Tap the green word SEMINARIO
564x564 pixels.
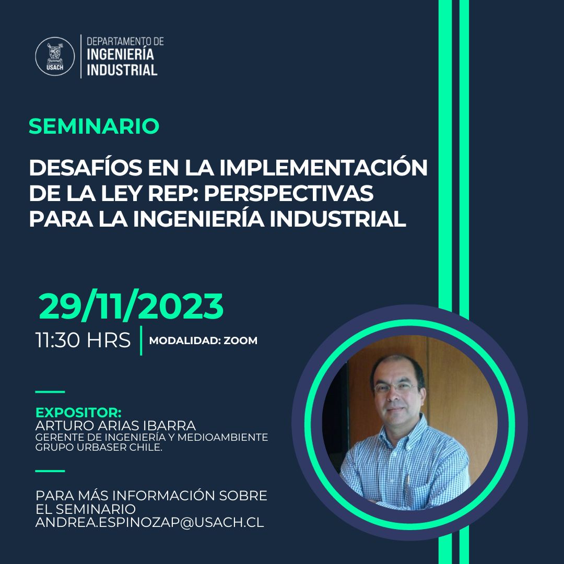[x=94, y=126]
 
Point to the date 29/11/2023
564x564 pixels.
[x=131, y=307]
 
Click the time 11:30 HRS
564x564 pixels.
[x=83, y=340]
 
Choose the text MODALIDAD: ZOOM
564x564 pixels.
[x=203, y=340]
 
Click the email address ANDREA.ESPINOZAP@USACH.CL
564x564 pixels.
[x=149, y=522]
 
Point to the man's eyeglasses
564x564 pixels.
[x=395, y=388]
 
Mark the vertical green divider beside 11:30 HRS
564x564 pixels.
[x=141, y=340]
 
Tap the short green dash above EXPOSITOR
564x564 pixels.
[x=50, y=391]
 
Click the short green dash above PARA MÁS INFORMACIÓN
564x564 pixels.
[x=50, y=471]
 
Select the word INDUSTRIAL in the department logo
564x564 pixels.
[x=122, y=70]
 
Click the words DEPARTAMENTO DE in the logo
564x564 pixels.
[x=125, y=41]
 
